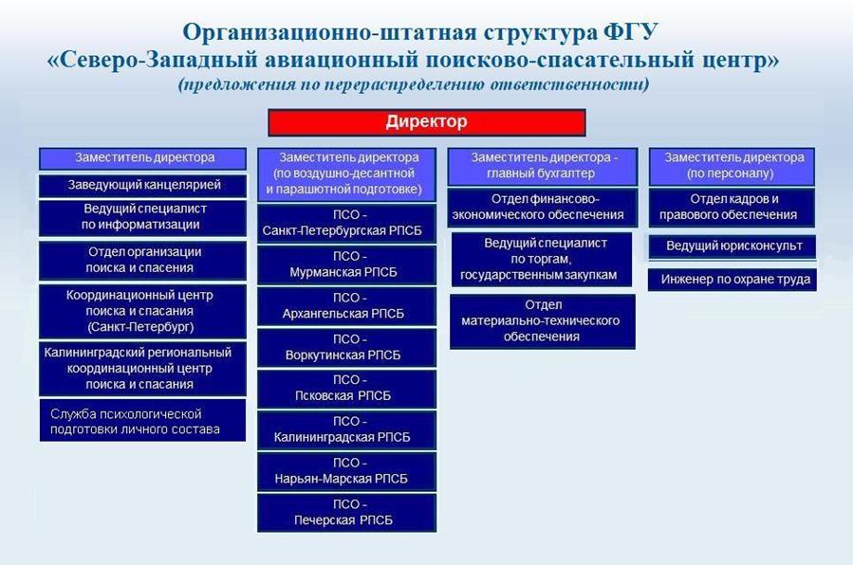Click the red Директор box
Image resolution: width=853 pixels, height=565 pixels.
[427, 122]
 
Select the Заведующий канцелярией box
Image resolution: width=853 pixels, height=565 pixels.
[142, 185]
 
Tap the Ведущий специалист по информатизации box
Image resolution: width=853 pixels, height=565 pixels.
[142, 217]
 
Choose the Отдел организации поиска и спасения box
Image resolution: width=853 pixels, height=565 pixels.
[142, 261]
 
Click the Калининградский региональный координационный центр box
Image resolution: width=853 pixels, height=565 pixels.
[142, 369]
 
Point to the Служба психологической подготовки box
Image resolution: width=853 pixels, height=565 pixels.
[142, 421]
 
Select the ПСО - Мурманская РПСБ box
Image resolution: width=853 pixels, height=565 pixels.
[346, 264]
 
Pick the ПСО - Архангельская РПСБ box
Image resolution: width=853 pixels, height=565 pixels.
[346, 306]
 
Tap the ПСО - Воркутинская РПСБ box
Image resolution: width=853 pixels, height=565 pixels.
[346, 348]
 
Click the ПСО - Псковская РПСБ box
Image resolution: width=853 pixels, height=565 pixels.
[346, 389]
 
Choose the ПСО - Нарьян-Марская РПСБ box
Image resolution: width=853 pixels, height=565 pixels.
[346, 471]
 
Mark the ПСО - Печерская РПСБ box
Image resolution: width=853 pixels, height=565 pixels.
[346, 513]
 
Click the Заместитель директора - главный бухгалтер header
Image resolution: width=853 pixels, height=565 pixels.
[543, 166]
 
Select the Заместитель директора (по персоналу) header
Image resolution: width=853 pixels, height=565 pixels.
[732, 166]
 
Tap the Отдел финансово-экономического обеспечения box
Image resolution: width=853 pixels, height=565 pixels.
[543, 208]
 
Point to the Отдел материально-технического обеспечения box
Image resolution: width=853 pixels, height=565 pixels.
[543, 321]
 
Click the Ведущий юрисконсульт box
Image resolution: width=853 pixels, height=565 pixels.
[732, 246]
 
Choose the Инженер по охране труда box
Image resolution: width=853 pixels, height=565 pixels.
[732, 280]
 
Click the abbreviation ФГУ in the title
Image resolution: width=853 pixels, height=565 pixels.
[631, 32]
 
